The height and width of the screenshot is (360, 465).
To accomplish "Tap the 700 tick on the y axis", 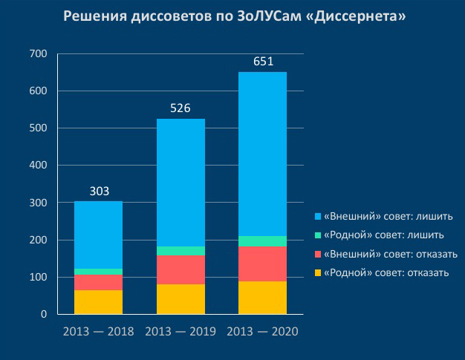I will (x=38, y=54).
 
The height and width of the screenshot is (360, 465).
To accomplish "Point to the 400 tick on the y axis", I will (x=38, y=166).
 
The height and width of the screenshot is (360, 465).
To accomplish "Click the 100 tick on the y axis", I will (x=38, y=278).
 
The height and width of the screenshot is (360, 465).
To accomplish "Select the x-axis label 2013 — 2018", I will (x=99, y=331).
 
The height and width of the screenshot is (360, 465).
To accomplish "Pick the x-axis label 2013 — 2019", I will (x=181, y=331).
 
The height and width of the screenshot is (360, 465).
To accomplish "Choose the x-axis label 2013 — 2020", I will (x=262, y=331).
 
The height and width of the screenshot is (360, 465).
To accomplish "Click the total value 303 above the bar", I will (x=99, y=192).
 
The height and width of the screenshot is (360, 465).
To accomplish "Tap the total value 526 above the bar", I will (x=181, y=108).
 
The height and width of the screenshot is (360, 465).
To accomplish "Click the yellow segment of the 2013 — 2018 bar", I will (x=99, y=302).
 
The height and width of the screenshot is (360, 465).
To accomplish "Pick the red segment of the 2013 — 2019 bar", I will (x=181, y=269).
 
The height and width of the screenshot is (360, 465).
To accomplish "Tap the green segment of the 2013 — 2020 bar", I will (x=262, y=240).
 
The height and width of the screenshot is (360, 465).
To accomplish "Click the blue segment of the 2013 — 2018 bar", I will (x=99, y=235).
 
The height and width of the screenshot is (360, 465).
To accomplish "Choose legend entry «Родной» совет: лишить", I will (x=382, y=235).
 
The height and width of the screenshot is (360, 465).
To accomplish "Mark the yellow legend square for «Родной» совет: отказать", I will (x=317, y=273).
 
